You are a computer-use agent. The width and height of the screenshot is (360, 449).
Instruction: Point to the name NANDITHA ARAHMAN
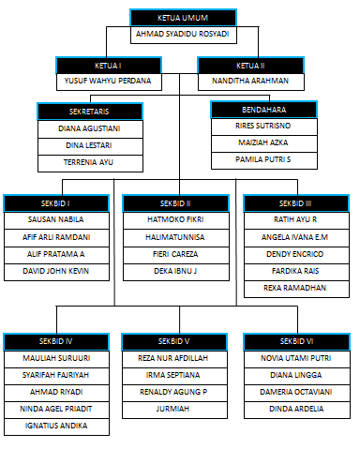(x=250, y=82)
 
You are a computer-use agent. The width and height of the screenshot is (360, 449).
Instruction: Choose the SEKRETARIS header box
(x=90, y=112)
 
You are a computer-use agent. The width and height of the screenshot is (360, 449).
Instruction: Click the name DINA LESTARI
(x=90, y=144)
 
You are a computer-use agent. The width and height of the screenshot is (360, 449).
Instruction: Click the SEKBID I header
(x=56, y=203)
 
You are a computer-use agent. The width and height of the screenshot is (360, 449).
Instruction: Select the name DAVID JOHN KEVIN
(x=56, y=271)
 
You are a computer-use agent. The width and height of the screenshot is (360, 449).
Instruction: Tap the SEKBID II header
(x=175, y=203)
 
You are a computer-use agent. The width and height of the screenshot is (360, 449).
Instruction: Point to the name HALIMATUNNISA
(x=175, y=237)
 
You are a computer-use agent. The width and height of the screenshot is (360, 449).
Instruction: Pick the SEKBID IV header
(x=56, y=341)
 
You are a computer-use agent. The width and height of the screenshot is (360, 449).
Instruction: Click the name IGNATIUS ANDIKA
(x=56, y=426)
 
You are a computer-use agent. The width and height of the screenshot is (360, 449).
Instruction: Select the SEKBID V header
(x=175, y=341)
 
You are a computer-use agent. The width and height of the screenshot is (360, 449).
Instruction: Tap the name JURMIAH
(x=175, y=409)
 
